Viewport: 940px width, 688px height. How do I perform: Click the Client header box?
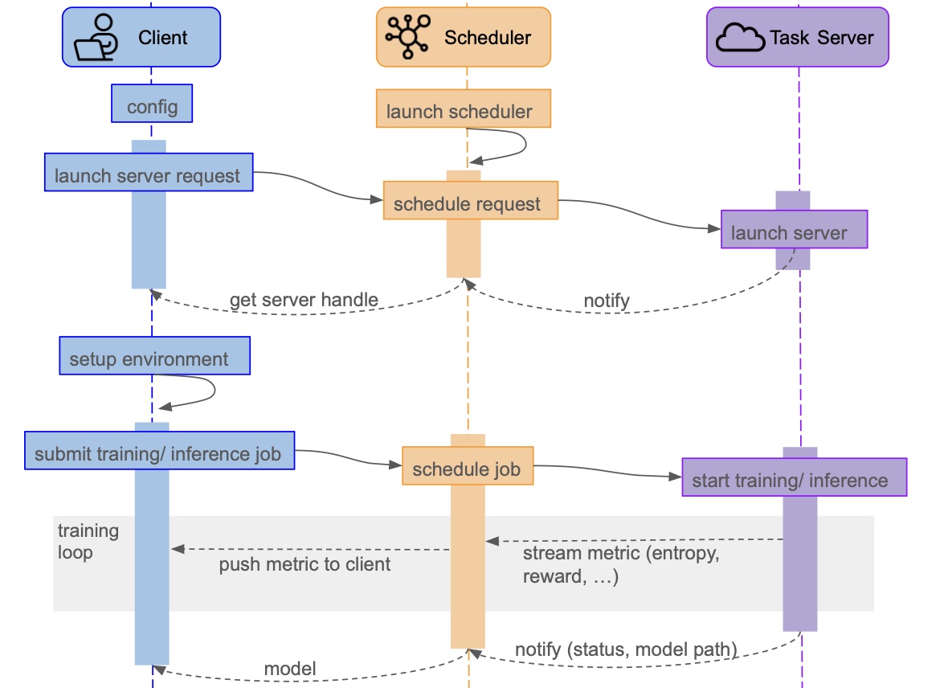point(141,37)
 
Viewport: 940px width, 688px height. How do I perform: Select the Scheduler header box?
point(464,37)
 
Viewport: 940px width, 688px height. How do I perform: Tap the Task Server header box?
point(797,37)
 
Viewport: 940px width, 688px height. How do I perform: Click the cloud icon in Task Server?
point(739,37)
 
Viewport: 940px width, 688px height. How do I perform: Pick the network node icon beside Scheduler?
point(408,37)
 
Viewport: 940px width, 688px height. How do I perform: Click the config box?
point(152,106)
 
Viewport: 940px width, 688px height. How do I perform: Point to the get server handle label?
point(304,301)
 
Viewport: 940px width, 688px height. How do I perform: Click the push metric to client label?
point(304,564)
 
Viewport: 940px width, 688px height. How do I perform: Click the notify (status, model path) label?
point(625,649)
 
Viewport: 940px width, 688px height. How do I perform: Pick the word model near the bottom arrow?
point(290,668)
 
